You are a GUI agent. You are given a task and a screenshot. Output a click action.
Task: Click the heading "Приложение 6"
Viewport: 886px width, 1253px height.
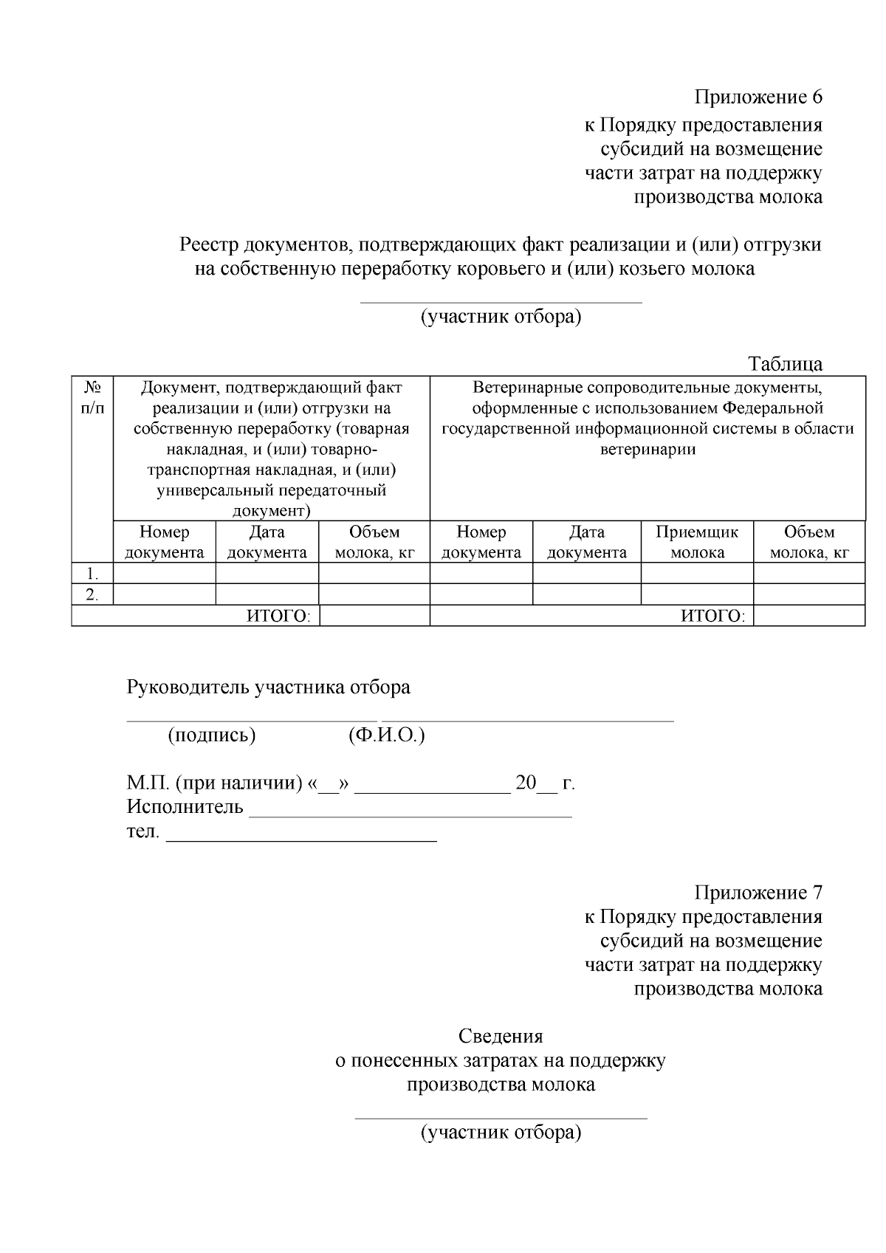click(758, 97)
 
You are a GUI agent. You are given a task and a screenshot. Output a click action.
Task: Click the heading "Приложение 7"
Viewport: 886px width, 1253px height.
click(758, 893)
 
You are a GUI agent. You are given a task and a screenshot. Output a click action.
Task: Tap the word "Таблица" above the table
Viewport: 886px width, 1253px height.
click(785, 364)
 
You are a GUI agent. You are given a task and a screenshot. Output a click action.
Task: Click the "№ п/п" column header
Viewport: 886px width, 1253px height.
click(92, 397)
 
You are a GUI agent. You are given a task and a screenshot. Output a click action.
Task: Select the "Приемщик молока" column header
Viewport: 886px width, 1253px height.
click(697, 542)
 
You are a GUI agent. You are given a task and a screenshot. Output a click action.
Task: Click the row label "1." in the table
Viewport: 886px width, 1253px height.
click(92, 574)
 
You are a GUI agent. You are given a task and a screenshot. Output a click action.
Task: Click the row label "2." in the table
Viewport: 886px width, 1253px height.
click(92, 594)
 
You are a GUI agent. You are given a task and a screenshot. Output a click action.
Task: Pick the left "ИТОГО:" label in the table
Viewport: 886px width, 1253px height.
click(278, 617)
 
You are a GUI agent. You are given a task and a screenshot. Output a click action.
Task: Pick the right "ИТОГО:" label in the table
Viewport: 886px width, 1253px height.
click(712, 617)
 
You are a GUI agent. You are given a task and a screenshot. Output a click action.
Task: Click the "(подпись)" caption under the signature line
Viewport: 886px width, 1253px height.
click(212, 735)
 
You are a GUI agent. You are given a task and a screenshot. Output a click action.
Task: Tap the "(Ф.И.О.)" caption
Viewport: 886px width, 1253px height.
click(386, 735)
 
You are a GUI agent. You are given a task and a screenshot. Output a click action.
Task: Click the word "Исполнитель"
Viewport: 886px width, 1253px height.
click(185, 807)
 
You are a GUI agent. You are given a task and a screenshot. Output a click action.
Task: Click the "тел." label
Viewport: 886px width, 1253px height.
click(142, 831)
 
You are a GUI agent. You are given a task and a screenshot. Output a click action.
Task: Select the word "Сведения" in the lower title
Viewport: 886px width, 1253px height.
click(501, 1037)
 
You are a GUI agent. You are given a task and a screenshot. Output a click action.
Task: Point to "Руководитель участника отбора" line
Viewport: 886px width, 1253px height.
click(269, 687)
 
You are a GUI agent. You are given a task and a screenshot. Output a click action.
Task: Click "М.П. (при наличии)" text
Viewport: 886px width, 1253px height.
click(214, 783)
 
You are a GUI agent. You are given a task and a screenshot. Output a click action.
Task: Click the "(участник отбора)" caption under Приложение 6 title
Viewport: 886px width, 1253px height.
click(501, 317)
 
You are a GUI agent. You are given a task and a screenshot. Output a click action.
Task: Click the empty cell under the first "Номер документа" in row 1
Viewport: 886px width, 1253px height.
click(164, 574)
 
